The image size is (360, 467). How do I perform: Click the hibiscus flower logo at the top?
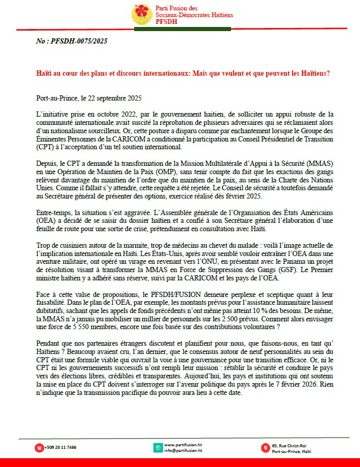click(x=142, y=14)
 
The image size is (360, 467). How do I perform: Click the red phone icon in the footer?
click(x=39, y=447)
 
